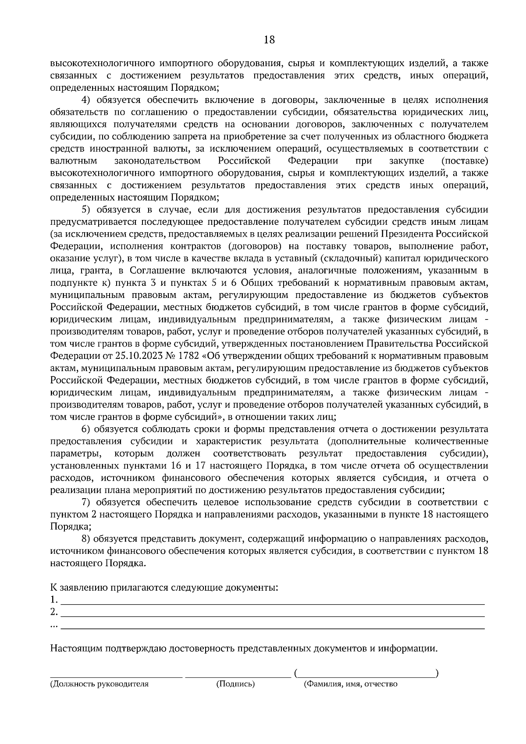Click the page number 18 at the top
click(x=269, y=40)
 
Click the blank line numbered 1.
click(x=272, y=600)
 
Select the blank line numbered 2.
click(x=272, y=612)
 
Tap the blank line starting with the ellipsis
click(x=272, y=624)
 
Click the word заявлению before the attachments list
click(x=82, y=587)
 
